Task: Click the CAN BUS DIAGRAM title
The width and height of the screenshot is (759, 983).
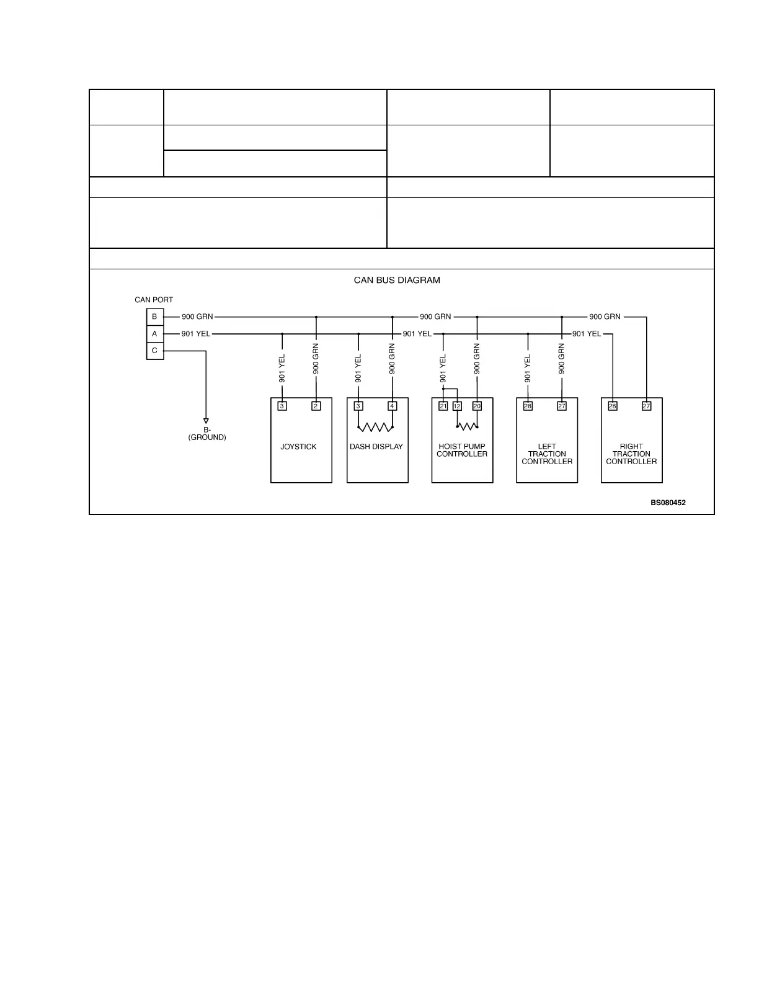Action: pyautogui.click(x=397, y=281)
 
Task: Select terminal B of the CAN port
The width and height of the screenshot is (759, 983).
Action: pyautogui.click(x=155, y=317)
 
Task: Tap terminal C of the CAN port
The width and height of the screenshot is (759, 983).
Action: pyautogui.click(x=155, y=351)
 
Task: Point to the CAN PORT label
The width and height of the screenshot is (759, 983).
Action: pyautogui.click(x=154, y=300)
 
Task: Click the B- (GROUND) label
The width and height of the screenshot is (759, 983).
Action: pyautogui.click(x=207, y=434)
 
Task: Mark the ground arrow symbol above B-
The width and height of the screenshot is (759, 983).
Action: pyautogui.click(x=206, y=421)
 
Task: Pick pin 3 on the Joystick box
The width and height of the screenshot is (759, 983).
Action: pyautogui.click(x=282, y=406)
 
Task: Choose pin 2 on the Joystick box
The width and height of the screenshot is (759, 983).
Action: pyautogui.click(x=316, y=406)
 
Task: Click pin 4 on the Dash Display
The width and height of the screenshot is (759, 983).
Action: pyautogui.click(x=393, y=406)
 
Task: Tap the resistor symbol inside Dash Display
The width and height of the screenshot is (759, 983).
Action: pyautogui.click(x=376, y=427)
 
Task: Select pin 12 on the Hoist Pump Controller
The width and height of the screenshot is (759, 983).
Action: pyautogui.click(x=457, y=406)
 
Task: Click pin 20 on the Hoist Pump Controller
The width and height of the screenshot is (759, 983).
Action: pyautogui.click(x=477, y=406)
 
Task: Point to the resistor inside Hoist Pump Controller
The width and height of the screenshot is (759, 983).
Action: pyautogui.click(x=467, y=426)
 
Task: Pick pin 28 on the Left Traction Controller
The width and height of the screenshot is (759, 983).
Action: pyautogui.click(x=528, y=406)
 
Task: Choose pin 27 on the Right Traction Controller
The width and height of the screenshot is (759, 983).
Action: pyautogui.click(x=647, y=406)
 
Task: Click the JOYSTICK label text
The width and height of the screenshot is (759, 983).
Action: pyautogui.click(x=298, y=447)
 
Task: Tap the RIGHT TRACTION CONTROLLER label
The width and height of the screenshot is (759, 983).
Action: pyautogui.click(x=631, y=454)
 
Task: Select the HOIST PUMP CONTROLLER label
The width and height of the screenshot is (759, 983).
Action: pyautogui.click(x=462, y=451)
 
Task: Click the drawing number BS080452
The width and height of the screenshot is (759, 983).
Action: pyautogui.click(x=668, y=503)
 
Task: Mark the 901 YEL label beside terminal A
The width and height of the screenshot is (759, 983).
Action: pyautogui.click(x=196, y=334)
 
